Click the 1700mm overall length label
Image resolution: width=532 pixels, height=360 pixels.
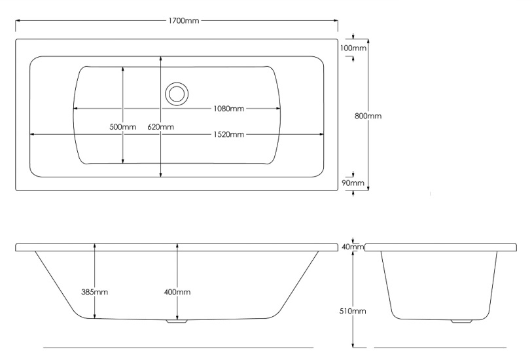click(x=184, y=21)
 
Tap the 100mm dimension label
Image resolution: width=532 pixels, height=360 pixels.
click(x=353, y=48)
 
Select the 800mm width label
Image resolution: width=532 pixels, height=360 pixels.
click(x=368, y=116)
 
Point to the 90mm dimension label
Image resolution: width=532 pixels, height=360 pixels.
click(x=353, y=183)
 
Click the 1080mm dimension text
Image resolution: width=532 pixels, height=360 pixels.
click(x=227, y=109)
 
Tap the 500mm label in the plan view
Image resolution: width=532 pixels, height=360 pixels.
click(x=122, y=126)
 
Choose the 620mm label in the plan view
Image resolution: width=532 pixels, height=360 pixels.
click(x=161, y=126)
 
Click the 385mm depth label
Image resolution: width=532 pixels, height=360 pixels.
click(x=95, y=292)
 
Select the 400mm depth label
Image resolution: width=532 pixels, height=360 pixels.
click(x=177, y=292)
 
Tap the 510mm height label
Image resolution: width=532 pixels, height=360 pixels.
click(x=353, y=311)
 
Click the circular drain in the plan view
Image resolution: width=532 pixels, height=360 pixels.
click(x=176, y=93)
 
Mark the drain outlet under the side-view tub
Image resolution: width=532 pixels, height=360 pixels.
click(x=176, y=321)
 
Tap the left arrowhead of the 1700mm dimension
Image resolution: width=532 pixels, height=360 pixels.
click(x=18, y=21)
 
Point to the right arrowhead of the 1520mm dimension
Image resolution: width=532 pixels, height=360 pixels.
click(x=322, y=135)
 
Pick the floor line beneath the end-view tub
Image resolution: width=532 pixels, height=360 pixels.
click(x=440, y=347)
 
